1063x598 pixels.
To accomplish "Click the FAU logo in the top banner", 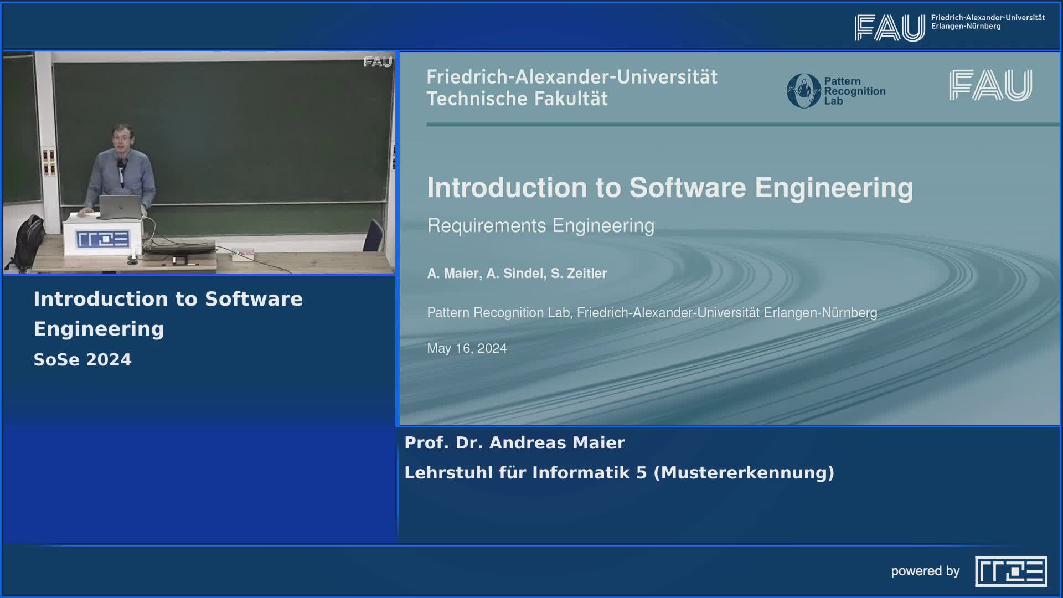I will [889, 28].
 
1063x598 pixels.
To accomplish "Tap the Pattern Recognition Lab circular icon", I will [803, 91].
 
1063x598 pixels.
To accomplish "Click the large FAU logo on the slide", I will [990, 85].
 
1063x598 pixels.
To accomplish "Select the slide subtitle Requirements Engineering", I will [540, 226].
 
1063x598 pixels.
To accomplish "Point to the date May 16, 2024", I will [467, 348].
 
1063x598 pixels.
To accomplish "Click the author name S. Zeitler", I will [579, 274].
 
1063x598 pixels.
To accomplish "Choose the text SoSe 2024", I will [82, 360].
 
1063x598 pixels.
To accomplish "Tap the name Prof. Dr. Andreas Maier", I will [514, 443].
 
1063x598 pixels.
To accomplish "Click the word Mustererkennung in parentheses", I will [744, 473].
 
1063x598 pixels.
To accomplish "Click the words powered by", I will [925, 571].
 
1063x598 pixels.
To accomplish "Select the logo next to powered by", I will [1011, 571].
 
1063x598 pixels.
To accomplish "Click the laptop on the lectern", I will [120, 207].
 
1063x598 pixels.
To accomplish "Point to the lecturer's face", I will [121, 140].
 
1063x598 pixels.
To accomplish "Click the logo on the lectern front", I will [103, 239].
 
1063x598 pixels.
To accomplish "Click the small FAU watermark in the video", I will [378, 62].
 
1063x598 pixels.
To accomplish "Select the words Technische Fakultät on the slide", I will [517, 99].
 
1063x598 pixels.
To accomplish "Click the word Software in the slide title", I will [688, 188].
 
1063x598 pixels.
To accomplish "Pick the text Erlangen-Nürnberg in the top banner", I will [966, 27].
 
